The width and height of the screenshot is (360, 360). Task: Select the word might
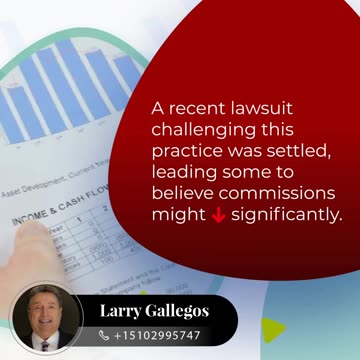pos(176,214)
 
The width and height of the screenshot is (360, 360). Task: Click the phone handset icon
pos(104,336)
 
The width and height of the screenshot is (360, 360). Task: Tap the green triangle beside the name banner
pos(273,329)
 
